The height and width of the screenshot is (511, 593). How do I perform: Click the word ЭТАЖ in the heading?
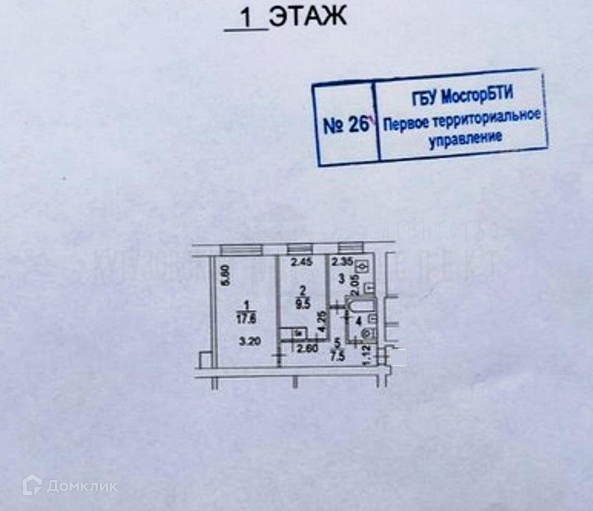308,17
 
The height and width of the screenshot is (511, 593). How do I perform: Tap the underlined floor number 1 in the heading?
246,19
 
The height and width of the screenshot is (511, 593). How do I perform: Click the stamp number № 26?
345,126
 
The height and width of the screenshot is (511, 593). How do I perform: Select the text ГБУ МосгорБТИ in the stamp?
463,96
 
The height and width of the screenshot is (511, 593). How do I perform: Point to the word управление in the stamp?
464,139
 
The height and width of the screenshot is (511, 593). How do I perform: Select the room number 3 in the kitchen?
341,279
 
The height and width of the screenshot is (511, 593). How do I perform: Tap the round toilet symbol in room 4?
365,332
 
